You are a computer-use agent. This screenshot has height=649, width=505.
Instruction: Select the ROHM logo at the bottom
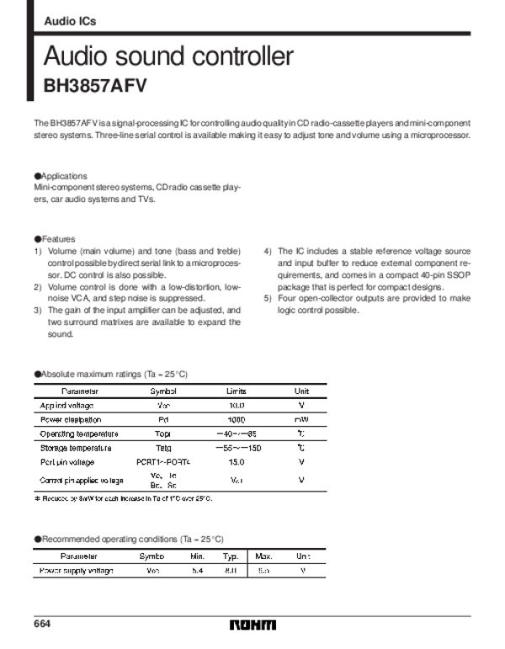coord(252,625)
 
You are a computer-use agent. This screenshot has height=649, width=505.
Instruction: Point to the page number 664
coord(43,624)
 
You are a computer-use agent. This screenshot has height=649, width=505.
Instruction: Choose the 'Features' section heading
coord(57,239)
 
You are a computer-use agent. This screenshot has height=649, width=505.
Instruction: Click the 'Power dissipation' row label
coord(71,419)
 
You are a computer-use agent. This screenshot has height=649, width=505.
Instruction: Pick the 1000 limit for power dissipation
coord(237,419)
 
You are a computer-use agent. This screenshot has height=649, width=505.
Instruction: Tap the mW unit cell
coord(300,419)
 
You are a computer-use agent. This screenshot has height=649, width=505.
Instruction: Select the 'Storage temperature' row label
coord(76,448)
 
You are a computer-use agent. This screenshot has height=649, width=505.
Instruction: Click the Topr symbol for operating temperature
coord(163,434)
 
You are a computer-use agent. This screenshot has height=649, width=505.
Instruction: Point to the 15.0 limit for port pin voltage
coord(237,462)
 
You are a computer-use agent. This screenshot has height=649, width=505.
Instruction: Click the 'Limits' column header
coord(237,391)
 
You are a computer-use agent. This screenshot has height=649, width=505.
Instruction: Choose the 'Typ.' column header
coord(231,556)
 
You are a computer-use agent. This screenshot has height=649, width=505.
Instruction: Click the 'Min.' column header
coord(198,556)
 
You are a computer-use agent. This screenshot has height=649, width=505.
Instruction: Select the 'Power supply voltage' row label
coord(77,571)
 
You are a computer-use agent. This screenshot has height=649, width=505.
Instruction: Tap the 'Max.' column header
coord(263,556)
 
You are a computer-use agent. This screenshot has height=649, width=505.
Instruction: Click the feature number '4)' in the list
coord(268,252)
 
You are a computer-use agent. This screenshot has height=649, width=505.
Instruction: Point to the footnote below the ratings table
coord(123,498)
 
